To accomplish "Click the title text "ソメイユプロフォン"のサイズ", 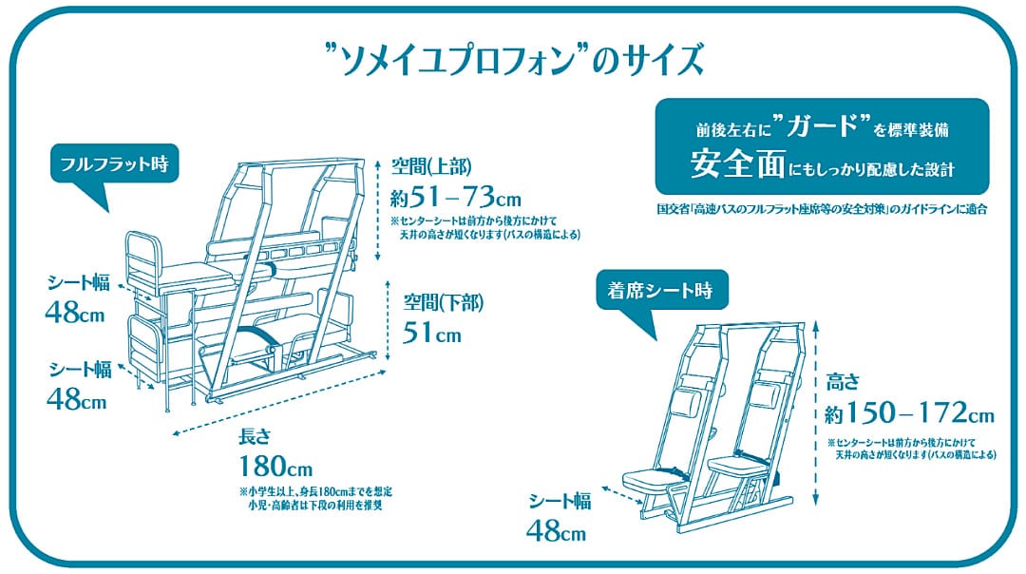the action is pyautogui.click(x=514, y=60).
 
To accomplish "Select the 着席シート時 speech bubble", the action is pyautogui.click(x=661, y=291).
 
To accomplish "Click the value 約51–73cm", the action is pyautogui.click(x=455, y=196).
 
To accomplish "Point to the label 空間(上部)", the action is pyautogui.click(x=431, y=166).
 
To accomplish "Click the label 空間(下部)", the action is pyautogui.click(x=444, y=302).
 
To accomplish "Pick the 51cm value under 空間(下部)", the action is pyautogui.click(x=432, y=334).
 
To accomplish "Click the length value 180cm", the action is pyautogui.click(x=275, y=467).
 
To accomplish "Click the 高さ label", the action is pyautogui.click(x=842, y=382).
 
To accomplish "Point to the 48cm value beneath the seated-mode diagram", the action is pyautogui.click(x=556, y=531).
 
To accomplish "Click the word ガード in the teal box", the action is pyautogui.click(x=822, y=124).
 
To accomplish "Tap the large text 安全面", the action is pyautogui.click(x=737, y=163).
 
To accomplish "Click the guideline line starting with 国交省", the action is pyautogui.click(x=822, y=209).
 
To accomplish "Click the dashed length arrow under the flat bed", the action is pyautogui.click(x=278, y=401).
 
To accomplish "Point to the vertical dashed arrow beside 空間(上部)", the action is pyautogui.click(x=377, y=210).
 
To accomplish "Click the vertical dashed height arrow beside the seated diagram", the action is pyautogui.click(x=815, y=413).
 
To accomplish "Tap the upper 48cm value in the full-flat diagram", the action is pyautogui.click(x=75, y=313).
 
